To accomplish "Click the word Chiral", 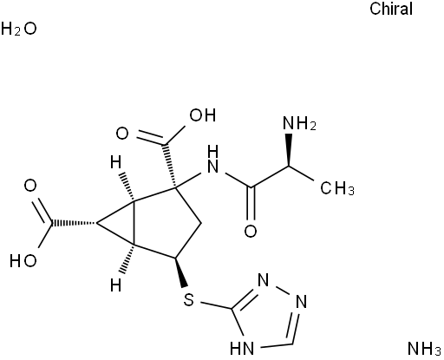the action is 391,9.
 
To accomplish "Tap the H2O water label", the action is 19,29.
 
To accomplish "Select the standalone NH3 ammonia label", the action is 424,349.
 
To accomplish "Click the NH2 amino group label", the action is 299,123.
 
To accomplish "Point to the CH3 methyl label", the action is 337,188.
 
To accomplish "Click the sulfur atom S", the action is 188,300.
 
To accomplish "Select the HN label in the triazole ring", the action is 242,348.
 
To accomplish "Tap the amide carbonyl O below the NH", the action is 251,232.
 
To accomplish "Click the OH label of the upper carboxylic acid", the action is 203,115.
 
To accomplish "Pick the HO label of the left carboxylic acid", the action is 23,261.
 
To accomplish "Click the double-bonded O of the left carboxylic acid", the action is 30,186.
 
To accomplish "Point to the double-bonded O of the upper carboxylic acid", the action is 122,134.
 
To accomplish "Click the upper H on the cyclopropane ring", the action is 116,162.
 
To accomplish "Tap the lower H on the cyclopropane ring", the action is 116,285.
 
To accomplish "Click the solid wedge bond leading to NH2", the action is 288,149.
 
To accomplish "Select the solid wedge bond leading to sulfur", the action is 180,272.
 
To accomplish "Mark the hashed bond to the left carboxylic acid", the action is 74,223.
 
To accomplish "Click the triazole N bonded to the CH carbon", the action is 301,302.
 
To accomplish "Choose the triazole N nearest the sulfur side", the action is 263,280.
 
